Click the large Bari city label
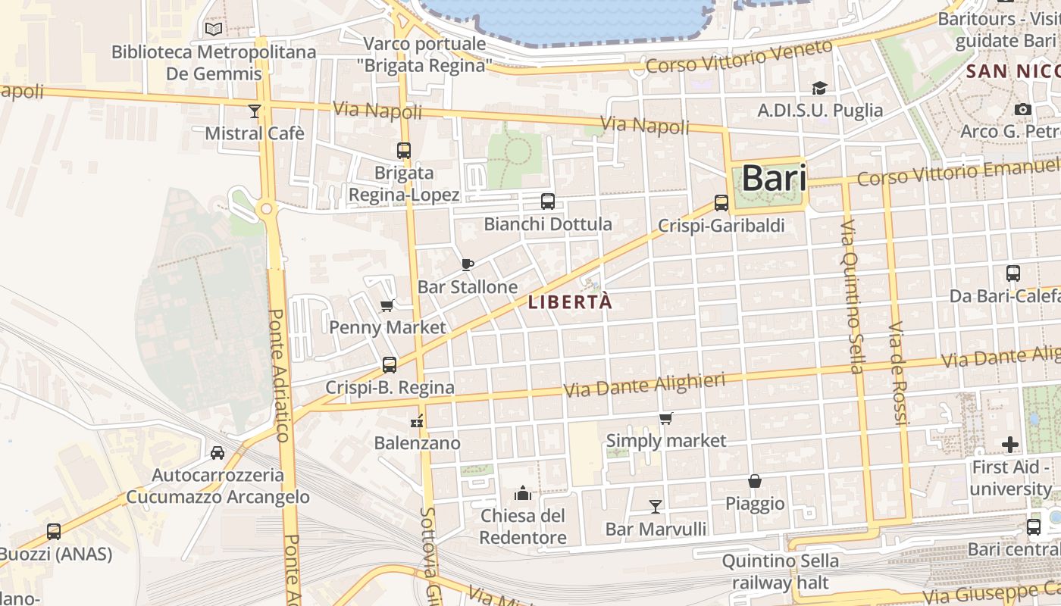(774, 178)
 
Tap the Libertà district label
(569, 302)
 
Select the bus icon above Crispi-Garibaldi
(721, 203)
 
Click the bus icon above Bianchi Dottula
(547, 201)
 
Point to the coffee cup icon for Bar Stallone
(468, 264)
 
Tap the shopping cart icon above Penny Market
(387, 305)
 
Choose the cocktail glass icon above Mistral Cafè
(255, 111)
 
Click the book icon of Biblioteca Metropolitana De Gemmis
(214, 30)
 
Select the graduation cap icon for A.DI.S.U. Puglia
(819, 89)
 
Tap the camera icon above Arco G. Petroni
(1022, 110)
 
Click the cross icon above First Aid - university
(1009, 445)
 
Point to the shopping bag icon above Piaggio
(755, 481)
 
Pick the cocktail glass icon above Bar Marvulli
(656, 506)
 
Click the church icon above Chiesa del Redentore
(522, 494)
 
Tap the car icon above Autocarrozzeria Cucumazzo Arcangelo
(218, 453)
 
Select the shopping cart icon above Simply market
(665, 418)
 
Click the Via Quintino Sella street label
(852, 297)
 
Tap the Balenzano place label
(417, 443)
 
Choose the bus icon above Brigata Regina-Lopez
(403, 151)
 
